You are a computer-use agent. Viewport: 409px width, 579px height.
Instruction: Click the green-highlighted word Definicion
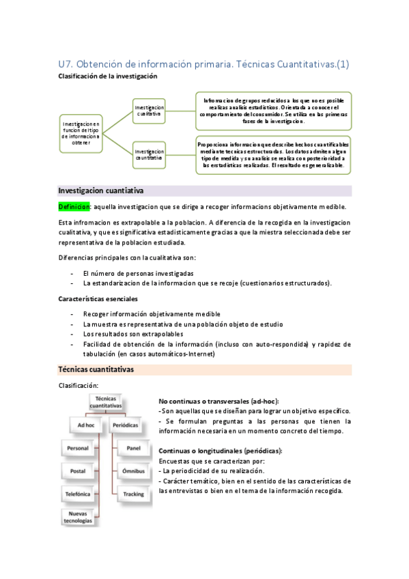coord(74,207)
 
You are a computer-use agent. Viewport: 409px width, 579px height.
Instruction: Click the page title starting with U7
coord(204,64)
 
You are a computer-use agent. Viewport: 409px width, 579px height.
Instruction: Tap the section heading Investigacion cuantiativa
coord(100,190)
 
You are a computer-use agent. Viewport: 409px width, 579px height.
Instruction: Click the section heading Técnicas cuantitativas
coord(96,369)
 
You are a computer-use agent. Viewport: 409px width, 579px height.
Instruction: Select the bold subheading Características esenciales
coord(98,299)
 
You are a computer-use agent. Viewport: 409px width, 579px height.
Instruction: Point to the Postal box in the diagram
coord(79,471)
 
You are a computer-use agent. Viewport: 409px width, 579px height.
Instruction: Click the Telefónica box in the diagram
coord(79,494)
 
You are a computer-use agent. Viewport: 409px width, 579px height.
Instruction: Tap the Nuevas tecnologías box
coord(79,516)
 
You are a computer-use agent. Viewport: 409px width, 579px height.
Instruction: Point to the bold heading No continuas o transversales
coord(218,401)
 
